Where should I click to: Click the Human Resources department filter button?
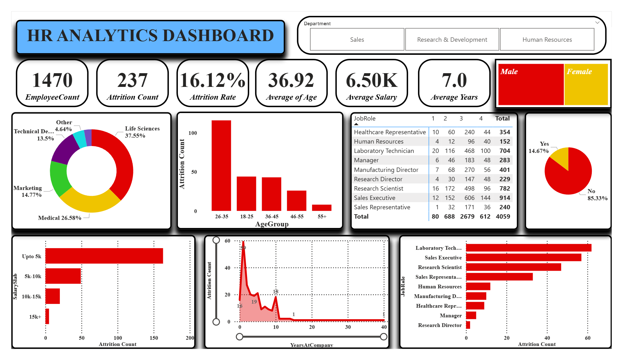(x=547, y=40)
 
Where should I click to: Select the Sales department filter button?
(x=357, y=40)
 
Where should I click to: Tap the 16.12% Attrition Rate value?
(x=213, y=80)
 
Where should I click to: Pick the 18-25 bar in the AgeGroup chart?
(x=246, y=193)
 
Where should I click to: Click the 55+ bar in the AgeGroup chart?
(x=321, y=208)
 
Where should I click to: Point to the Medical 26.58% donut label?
(x=60, y=218)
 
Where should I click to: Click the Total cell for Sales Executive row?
(x=505, y=198)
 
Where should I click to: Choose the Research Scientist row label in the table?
(x=378, y=188)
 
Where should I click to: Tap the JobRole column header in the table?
(x=364, y=118)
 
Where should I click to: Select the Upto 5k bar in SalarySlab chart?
(x=104, y=256)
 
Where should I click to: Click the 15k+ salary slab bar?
(x=47, y=316)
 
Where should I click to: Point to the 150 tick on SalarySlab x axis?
(x=154, y=338)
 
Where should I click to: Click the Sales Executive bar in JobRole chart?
(x=523, y=258)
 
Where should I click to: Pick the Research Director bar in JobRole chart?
(x=468, y=325)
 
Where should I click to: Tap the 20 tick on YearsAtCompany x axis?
(x=312, y=327)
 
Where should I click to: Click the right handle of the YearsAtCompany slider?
(x=384, y=337)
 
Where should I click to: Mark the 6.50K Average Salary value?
(x=372, y=80)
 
